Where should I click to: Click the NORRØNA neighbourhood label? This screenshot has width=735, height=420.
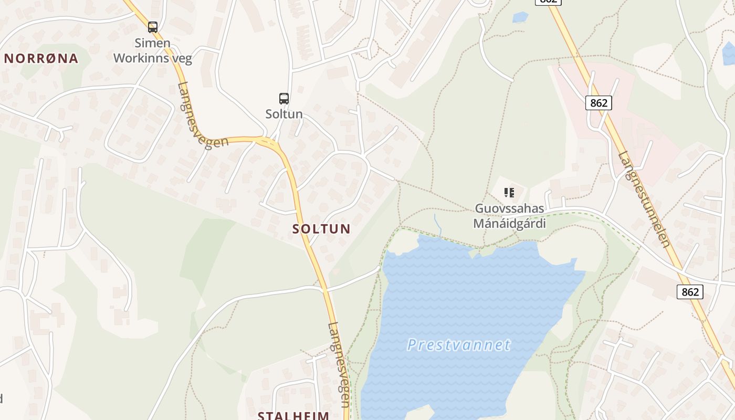click(41, 58)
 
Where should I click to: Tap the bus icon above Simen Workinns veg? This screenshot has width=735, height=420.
click(153, 27)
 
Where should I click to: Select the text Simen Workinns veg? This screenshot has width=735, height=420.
click(153, 50)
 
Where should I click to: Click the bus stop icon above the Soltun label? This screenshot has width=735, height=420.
click(284, 98)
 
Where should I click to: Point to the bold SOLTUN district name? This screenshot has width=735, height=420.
click(321, 229)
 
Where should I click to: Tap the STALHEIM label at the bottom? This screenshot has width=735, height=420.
click(293, 415)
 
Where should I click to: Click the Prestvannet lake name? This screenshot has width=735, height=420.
click(459, 345)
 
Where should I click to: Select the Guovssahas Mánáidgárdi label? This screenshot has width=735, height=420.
click(509, 216)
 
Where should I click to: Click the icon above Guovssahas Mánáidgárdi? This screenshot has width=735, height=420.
click(509, 192)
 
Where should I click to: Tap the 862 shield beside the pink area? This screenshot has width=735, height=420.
click(598, 103)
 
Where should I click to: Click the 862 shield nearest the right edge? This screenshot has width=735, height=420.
click(690, 291)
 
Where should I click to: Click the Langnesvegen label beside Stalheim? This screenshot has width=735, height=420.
click(339, 365)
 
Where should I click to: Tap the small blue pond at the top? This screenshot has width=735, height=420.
click(520, 17)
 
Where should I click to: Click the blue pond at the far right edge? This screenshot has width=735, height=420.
click(729, 54)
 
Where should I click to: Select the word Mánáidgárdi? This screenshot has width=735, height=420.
click(509, 223)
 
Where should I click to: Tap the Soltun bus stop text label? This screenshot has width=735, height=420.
click(284, 114)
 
